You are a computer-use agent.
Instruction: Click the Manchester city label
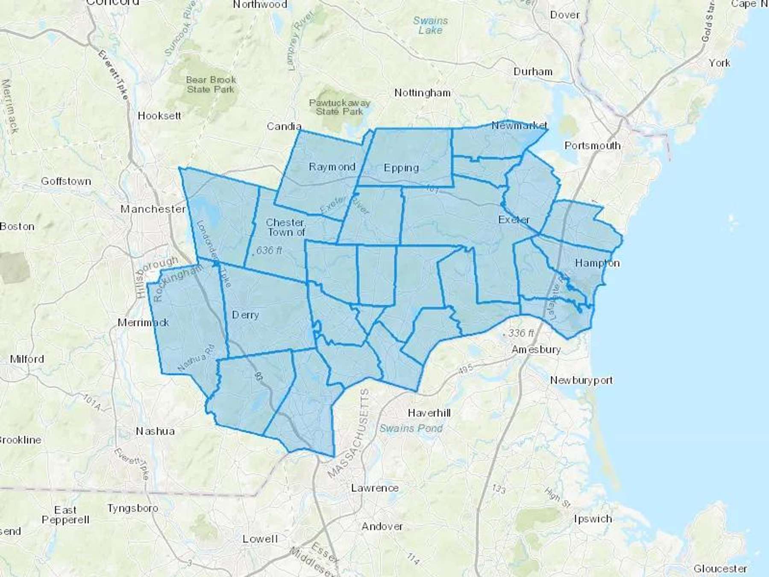click(153, 209)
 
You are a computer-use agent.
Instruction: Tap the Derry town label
click(245, 315)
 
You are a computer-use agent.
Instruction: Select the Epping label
click(401, 168)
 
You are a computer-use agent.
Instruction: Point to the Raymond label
click(332, 167)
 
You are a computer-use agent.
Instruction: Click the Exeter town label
click(514, 220)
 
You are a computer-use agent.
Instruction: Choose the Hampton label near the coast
click(597, 263)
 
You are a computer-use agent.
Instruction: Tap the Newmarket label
click(519, 125)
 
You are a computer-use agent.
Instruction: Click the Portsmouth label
click(592, 146)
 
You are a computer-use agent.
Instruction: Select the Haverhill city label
click(429, 413)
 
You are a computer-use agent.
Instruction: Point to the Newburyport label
click(581, 380)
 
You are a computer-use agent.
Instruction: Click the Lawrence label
click(375, 488)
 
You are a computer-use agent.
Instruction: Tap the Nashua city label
click(155, 431)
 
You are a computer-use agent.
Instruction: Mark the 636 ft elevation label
click(269, 250)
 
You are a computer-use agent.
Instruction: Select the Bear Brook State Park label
click(211, 85)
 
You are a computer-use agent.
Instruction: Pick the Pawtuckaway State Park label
click(340, 107)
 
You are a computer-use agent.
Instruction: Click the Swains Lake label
click(430, 25)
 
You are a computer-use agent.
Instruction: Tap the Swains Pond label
click(411, 428)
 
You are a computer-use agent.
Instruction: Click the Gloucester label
click(720, 568)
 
